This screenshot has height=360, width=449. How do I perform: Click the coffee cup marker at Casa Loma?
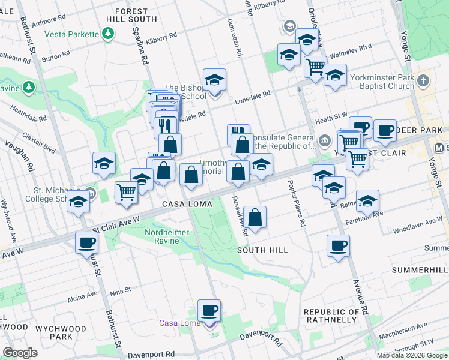click(209, 310)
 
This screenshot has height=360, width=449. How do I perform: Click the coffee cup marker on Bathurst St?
click(86, 242)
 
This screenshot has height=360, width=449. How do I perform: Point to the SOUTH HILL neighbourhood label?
click(262, 250)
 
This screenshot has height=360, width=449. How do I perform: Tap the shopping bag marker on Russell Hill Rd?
click(255, 217)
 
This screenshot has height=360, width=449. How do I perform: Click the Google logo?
click(20, 353)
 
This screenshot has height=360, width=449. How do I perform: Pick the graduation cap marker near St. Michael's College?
click(78, 203)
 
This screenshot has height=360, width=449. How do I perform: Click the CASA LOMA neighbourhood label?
click(187, 204)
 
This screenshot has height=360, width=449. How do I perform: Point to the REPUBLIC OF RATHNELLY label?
click(331, 316)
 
